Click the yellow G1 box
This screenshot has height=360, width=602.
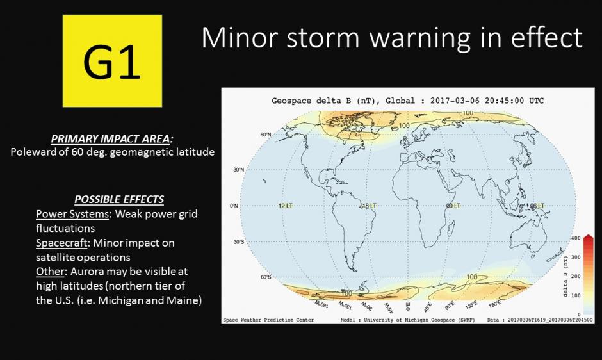coord(112,61)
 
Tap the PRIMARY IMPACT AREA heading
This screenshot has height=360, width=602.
coord(111,139)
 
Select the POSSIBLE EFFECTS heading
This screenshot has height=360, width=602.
coord(119,199)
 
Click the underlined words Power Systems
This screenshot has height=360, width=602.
coord(72,214)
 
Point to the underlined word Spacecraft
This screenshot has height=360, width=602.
coord(61,243)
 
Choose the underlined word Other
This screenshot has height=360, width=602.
coord(50,271)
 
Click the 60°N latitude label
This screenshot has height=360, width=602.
coord(266,135)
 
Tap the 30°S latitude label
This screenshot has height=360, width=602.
coord(239,242)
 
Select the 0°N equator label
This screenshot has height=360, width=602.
coord(234,206)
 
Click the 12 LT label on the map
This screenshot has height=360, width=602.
coord(285,206)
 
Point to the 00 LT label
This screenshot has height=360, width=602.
coord(453,206)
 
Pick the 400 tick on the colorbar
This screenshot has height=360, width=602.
coord(576,238)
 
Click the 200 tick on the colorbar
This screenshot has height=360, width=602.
coord(576,276)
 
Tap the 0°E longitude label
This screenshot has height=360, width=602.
coord(409,306)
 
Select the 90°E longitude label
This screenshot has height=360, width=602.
coord(450,306)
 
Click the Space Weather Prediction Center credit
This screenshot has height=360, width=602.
coord(268,320)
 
